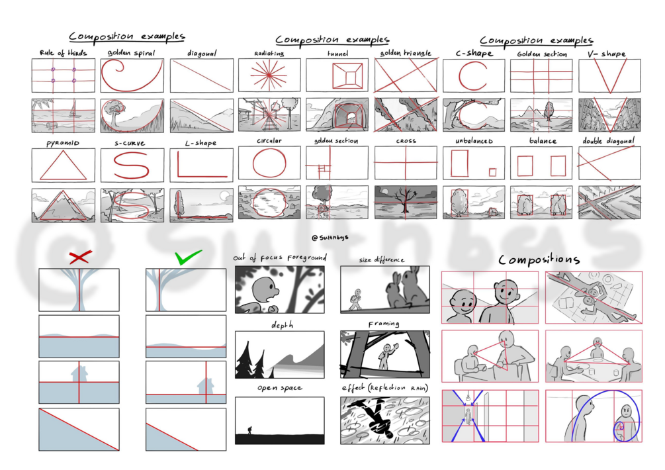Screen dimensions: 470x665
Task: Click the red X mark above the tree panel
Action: point(79,258)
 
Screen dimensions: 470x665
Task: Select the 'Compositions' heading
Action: point(539,259)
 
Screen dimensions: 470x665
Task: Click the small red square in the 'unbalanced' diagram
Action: point(492,172)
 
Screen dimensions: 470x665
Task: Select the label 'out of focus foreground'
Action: point(279,258)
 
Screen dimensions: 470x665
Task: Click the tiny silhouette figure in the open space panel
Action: point(249,430)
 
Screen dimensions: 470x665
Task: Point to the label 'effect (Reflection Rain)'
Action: point(384,388)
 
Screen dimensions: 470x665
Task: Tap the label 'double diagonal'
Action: point(609,141)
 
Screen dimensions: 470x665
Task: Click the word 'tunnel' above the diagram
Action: point(337,53)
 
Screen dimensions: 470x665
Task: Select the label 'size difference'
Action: point(382,259)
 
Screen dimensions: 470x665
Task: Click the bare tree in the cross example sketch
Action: point(404,199)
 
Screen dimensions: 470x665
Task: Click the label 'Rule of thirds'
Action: point(63,53)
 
